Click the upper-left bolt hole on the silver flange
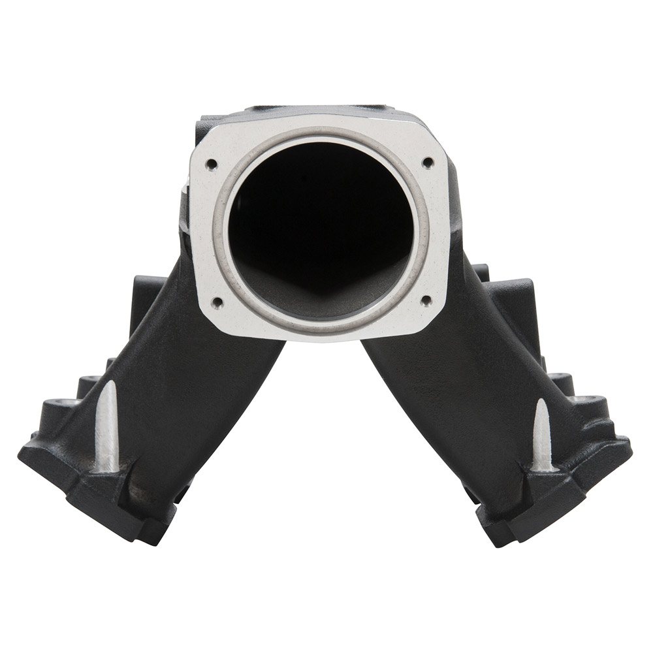click(210, 163)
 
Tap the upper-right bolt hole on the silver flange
click(428, 161)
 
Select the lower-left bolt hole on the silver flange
click(217, 302)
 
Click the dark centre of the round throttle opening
click(320, 215)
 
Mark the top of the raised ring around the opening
click(320, 131)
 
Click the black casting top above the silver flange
click(313, 111)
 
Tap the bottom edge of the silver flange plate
click(320, 336)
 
